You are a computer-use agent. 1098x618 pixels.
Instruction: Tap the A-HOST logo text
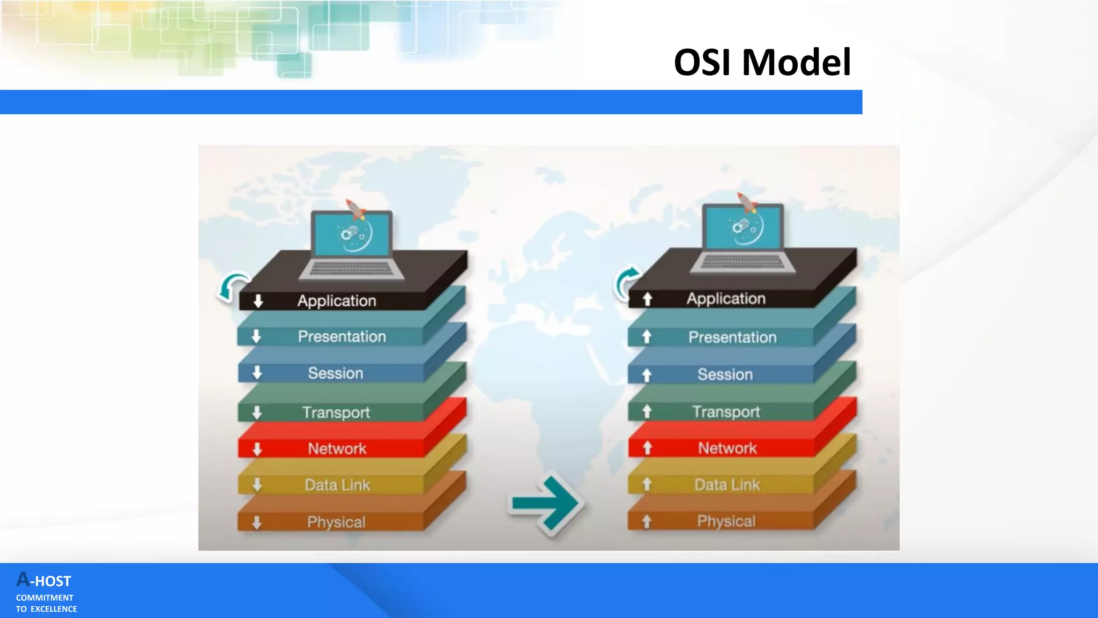[x=44, y=580]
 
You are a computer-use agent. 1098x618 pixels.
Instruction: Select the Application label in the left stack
[x=337, y=300]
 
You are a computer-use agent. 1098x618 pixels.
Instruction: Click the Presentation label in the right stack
[x=732, y=337]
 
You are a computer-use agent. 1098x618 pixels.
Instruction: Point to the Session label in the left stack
[x=336, y=373]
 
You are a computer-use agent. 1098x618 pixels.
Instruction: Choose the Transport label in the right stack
[x=726, y=411]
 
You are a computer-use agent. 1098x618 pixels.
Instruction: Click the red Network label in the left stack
[x=337, y=448]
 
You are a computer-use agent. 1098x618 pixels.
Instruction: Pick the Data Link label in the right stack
[x=727, y=484]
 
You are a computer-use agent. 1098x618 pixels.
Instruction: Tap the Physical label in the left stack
[x=336, y=522]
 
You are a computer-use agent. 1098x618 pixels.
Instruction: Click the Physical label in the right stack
[x=726, y=521]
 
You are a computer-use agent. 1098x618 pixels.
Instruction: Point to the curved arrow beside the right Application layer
[x=625, y=281]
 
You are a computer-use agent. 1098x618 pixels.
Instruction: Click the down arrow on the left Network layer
[x=257, y=449]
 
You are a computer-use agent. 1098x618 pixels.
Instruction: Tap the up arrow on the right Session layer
[x=647, y=375]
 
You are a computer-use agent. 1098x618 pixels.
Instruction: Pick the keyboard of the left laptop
[x=351, y=269]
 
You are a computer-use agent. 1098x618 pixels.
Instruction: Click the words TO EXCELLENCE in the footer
[x=47, y=609]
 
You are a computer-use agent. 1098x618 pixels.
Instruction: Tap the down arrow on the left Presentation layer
[x=256, y=336]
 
